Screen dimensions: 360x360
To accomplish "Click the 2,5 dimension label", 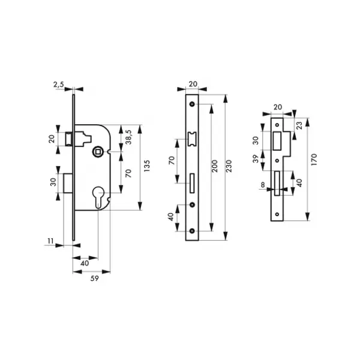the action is click(59, 85).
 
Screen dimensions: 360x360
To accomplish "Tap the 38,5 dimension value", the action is click(128, 137).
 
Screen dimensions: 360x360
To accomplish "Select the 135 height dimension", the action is click(146, 166).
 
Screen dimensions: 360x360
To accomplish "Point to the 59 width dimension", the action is click(94, 278).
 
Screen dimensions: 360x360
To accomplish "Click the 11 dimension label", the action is click(50, 241).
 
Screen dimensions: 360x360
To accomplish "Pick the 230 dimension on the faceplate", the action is click(229, 166).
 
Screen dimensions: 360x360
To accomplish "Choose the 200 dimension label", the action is click(214, 166).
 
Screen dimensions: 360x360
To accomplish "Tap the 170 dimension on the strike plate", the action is click(314, 160).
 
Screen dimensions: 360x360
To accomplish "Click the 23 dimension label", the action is click(299, 125).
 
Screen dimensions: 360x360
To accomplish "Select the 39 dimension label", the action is click(256, 159).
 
